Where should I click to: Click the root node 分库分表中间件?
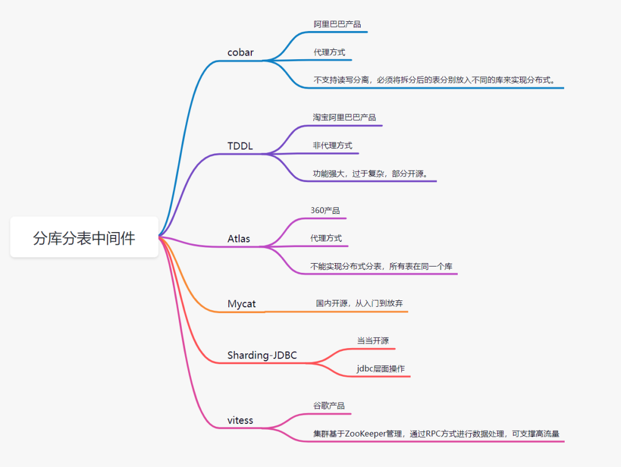pyautogui.click(x=84, y=238)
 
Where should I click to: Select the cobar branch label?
pyautogui.click(x=240, y=53)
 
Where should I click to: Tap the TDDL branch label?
pyautogui.click(x=240, y=145)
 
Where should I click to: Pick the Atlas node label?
pyautogui.click(x=239, y=238)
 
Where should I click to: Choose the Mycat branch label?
pyautogui.click(x=241, y=304)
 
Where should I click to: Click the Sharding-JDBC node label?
pyautogui.click(x=262, y=356)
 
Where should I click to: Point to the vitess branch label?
pyautogui.click(x=240, y=420)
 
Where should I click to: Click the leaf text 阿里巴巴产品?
pyautogui.click(x=337, y=24)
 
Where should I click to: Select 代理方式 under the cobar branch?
pyautogui.click(x=329, y=52)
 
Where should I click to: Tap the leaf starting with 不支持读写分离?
pyautogui.click(x=435, y=80)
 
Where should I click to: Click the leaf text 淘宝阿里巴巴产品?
pyautogui.click(x=344, y=117)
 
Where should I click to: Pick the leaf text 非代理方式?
pyautogui.click(x=332, y=145)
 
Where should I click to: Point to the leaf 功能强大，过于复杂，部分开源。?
pyautogui.click(x=370, y=173)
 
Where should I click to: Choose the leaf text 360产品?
pyautogui.click(x=325, y=210)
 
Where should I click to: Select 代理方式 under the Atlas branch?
pyautogui.click(x=326, y=238)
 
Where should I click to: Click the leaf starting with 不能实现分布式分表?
pyautogui.click(x=381, y=266)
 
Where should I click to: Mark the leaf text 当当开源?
pyautogui.click(x=373, y=341)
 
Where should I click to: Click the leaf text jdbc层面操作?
pyautogui.click(x=381, y=369)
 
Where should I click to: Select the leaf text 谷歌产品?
pyautogui.click(x=329, y=406)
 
